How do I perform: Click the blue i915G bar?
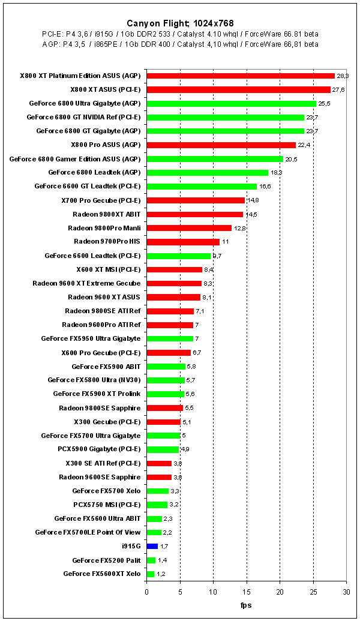pos(152,546)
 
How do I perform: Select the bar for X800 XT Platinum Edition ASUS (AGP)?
pos(241,76)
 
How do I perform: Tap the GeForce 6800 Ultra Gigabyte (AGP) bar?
pos(232,103)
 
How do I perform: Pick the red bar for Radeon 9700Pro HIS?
pos(183,242)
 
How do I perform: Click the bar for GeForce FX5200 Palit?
pos(151,560)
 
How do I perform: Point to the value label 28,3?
pos(343,76)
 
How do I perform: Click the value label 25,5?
pos(324,104)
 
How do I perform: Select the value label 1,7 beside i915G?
pos(164,547)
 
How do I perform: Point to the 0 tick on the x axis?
pos(146,592)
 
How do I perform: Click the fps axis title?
pos(246,605)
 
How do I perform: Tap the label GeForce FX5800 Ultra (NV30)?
pos(94,380)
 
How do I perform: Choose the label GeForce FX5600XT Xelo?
pos(101,574)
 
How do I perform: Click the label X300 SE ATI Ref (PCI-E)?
pos(103,463)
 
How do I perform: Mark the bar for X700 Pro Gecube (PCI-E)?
pos(196,200)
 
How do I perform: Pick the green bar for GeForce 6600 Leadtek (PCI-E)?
pos(179,256)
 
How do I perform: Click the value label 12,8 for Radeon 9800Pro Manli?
pos(240,228)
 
